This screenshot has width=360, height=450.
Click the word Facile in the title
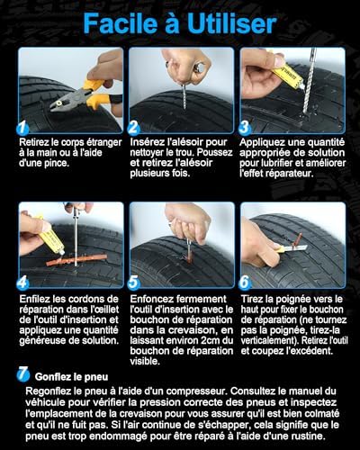[121, 23]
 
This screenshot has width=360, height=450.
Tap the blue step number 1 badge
[22, 128]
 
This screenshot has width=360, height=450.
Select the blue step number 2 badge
[133, 128]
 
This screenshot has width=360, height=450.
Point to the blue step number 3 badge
[245, 128]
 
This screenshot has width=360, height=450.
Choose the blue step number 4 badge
[22, 283]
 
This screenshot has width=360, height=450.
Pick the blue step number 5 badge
[133, 283]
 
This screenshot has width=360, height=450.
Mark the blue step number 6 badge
[245, 283]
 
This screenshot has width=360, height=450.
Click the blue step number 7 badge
[23, 374]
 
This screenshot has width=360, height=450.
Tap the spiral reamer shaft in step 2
[184, 96]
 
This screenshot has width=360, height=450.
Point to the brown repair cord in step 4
[76, 260]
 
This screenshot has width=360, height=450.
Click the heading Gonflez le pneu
[71, 377]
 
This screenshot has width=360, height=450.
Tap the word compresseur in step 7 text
[195, 391]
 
